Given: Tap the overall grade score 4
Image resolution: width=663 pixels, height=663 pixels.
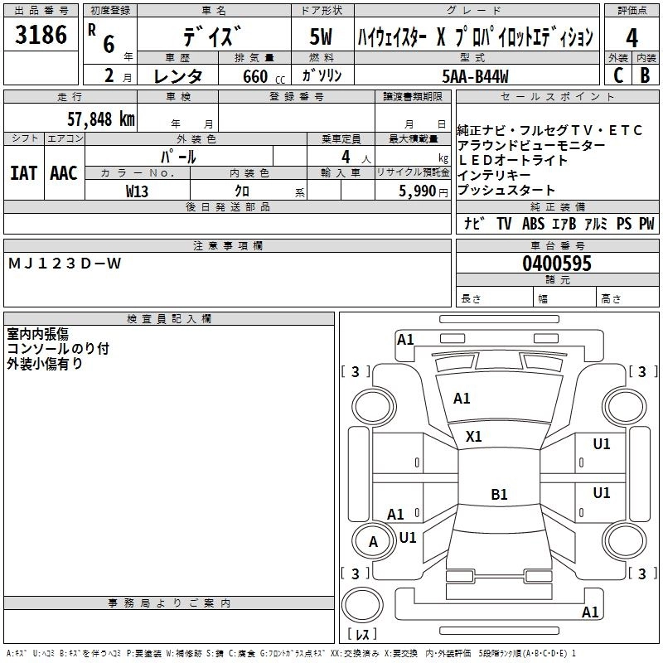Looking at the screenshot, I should (632, 38).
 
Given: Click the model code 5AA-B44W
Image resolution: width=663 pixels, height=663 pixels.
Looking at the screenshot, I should (476, 76).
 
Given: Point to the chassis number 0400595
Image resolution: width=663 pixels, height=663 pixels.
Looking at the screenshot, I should (557, 264).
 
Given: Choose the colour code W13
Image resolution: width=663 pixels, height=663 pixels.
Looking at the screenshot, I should (138, 191).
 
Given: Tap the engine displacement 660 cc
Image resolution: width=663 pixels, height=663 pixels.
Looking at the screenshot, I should (257, 77).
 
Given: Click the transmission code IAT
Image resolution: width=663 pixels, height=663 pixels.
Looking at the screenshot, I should (24, 173).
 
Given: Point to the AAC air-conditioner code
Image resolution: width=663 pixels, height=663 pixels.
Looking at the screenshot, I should (64, 173).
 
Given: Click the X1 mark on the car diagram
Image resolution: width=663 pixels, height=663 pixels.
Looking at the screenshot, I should (474, 436).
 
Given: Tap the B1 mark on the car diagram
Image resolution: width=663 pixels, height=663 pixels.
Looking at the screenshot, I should (499, 495).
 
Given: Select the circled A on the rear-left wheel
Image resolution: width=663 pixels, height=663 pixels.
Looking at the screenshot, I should (373, 543).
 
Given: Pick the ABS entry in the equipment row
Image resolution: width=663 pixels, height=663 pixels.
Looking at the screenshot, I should (533, 224).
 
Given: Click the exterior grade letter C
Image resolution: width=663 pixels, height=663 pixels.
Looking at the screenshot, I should (617, 76).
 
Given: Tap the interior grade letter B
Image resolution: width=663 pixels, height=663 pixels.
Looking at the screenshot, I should (645, 76).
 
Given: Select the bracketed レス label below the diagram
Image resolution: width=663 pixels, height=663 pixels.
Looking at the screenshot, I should (362, 635).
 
